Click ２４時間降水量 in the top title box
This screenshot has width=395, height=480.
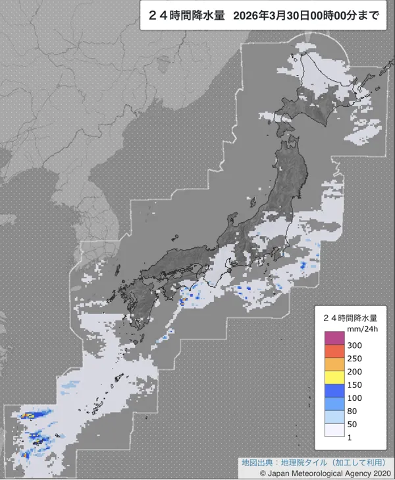[x=186, y=16]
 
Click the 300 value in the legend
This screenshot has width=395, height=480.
[x=355, y=345]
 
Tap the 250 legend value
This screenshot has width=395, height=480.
[x=355, y=359]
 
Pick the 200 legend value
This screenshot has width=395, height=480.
[x=355, y=371]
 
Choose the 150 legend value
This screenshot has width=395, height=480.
[x=355, y=384]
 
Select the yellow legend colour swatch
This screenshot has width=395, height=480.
[x=334, y=378]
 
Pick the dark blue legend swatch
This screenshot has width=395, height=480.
[x=334, y=391]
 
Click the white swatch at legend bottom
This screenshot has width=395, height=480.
[x=334, y=429]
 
